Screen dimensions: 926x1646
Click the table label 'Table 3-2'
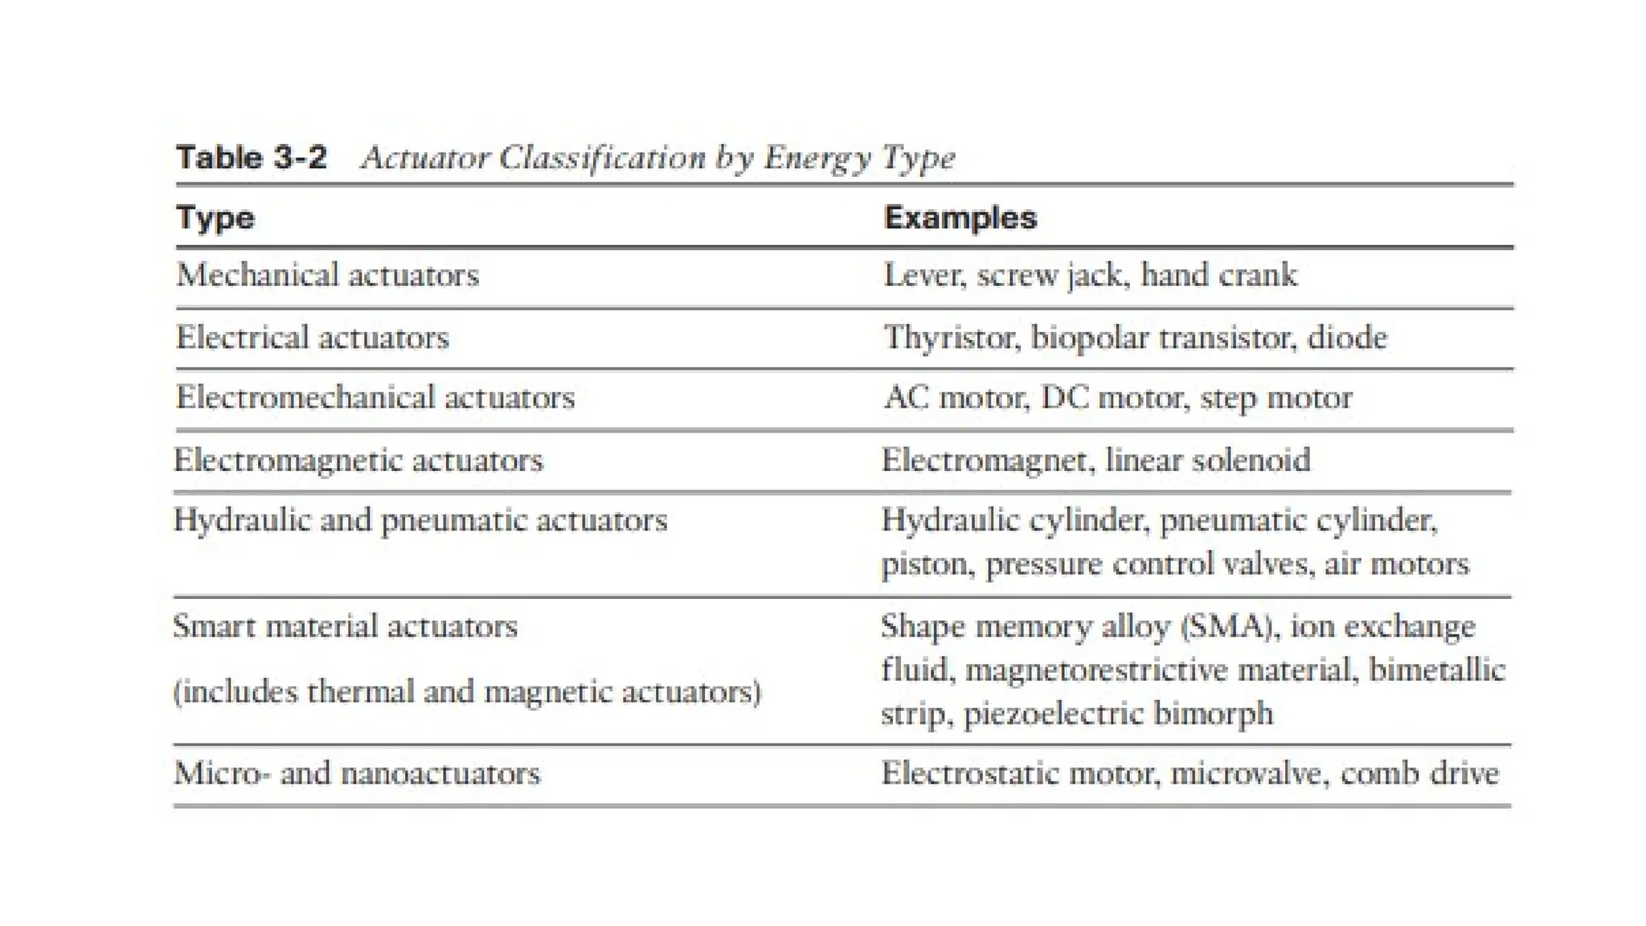(x=252, y=157)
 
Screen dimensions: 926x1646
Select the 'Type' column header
(x=215, y=218)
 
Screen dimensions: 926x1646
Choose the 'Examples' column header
(x=960, y=218)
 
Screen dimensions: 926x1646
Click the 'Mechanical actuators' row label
(x=328, y=276)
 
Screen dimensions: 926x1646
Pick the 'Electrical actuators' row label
(x=313, y=338)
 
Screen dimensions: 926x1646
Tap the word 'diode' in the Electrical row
(x=1347, y=338)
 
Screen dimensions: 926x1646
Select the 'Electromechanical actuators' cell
(x=375, y=398)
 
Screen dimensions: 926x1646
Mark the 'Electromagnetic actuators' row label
(x=358, y=461)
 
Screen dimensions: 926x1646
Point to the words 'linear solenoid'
(x=1208, y=461)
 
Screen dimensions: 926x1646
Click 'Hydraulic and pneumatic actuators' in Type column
(x=420, y=521)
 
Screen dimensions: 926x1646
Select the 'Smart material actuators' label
(x=346, y=626)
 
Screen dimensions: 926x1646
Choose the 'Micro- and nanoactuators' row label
(x=357, y=773)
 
